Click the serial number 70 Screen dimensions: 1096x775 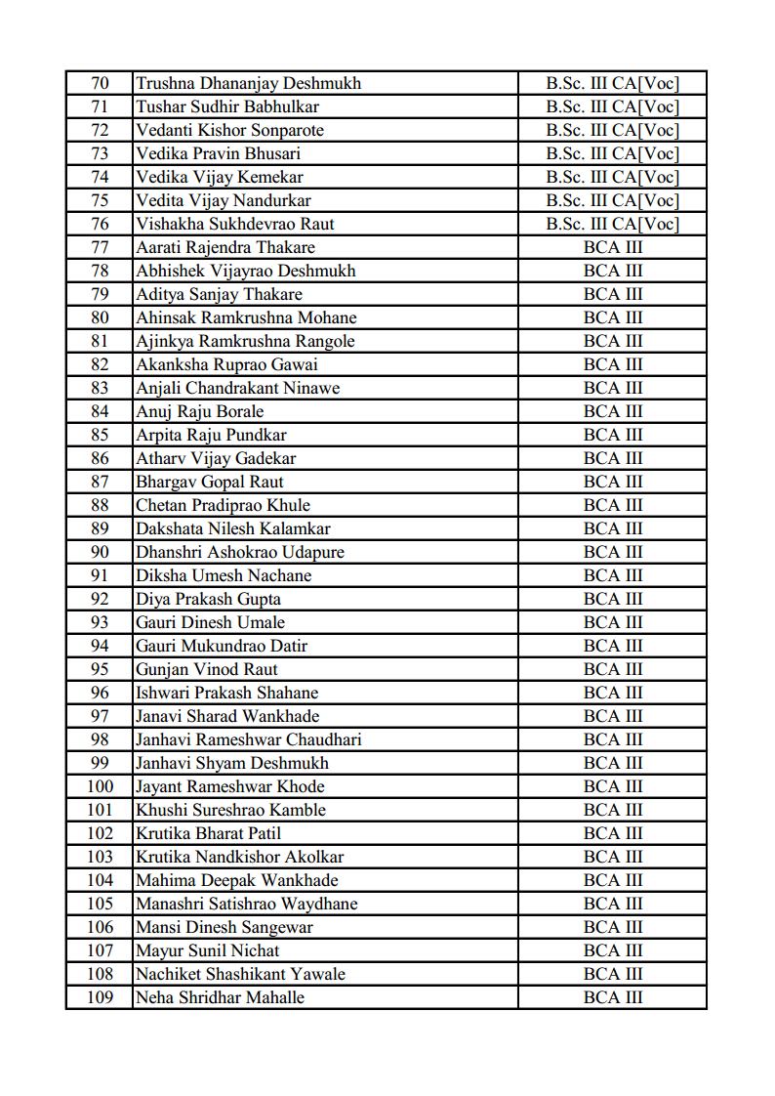click(x=100, y=83)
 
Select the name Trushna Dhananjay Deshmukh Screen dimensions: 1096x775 click(x=248, y=83)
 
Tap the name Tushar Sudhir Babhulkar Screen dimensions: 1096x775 click(x=227, y=106)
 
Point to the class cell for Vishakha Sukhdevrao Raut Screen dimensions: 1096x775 click(x=612, y=224)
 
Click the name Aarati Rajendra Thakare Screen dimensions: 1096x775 click(x=225, y=247)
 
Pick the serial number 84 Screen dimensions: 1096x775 click(x=100, y=411)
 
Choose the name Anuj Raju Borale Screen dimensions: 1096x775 click(x=199, y=411)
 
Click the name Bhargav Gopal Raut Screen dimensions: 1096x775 click(x=210, y=482)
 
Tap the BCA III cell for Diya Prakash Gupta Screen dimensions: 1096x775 click(x=613, y=599)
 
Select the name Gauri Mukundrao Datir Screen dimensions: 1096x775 click(x=222, y=646)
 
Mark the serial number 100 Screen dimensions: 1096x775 click(x=100, y=786)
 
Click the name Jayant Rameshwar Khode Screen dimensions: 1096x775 click(x=230, y=786)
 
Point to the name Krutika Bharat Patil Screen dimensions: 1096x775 click(x=208, y=833)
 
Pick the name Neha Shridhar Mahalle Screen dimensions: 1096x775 click(x=220, y=997)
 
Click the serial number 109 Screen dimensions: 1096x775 click(x=100, y=997)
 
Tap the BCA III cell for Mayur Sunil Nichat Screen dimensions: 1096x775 click(x=613, y=950)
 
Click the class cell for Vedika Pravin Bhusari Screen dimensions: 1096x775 click(x=612, y=153)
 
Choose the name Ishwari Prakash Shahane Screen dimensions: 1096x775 click(x=226, y=693)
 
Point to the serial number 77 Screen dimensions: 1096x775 click(x=100, y=247)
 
